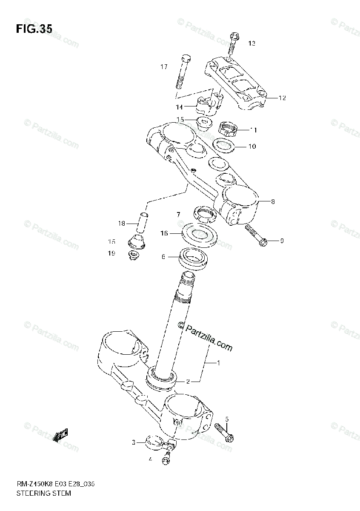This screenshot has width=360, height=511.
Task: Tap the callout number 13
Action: tap(252, 43)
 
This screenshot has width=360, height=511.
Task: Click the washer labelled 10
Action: tap(224, 146)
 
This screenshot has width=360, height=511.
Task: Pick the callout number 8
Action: tap(273, 202)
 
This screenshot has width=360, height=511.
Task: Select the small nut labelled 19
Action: tap(134, 255)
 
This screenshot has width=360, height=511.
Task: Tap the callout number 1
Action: tap(218, 363)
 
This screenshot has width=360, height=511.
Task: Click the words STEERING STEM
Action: tap(43, 494)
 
